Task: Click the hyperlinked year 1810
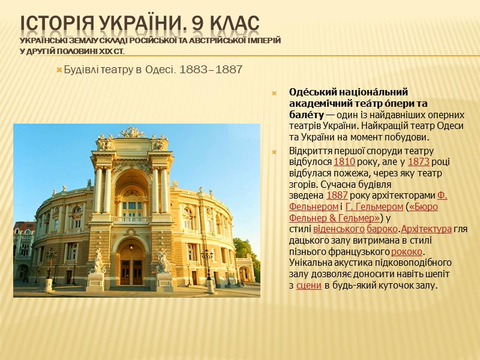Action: coord(344,161)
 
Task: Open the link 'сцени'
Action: coord(308,285)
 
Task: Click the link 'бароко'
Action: coord(383,229)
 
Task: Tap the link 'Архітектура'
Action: coord(426,229)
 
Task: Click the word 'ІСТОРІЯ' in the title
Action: coord(55,24)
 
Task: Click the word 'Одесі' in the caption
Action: coord(161,70)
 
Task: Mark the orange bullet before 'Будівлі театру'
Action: coord(59,70)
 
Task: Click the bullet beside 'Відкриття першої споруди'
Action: coord(274,151)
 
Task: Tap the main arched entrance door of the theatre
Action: coord(132,263)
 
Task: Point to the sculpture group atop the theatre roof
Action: coord(132,133)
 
